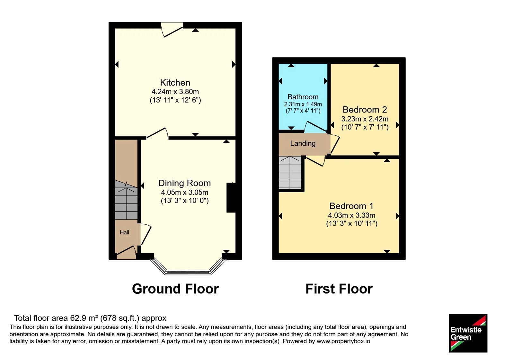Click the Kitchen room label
coord(175,82)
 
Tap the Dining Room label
coord(184,183)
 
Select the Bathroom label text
coord(303,97)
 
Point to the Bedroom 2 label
coord(365,110)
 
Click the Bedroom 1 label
coord(351,206)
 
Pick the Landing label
coord(303,143)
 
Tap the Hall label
coord(124,233)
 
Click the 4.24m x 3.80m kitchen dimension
coord(175,92)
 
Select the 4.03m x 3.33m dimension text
coord(351,215)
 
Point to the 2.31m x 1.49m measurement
coord(303,104)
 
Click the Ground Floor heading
coord(175,289)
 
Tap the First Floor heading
coord(339,289)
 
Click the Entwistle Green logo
coord(468,333)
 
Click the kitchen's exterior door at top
coord(172,29)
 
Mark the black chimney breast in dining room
coord(231,198)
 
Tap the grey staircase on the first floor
coord(290,172)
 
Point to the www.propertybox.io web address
coord(343,341)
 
